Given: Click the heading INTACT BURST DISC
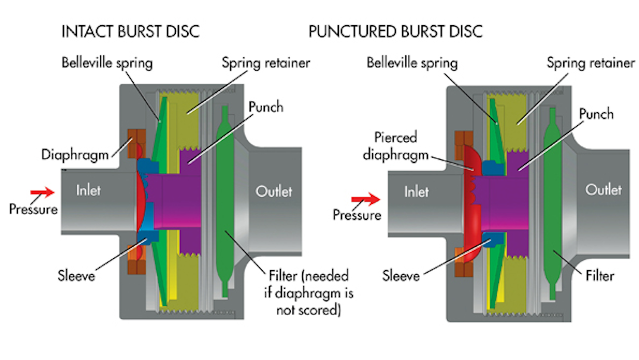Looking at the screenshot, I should click(x=130, y=32).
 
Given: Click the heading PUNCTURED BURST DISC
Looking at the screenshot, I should click(x=395, y=32).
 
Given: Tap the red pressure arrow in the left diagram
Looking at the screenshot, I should click(x=42, y=192).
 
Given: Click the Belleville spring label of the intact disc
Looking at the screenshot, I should click(x=107, y=62).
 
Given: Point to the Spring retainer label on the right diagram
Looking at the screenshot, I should click(x=590, y=63).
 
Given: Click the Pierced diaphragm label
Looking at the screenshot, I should click(x=395, y=146).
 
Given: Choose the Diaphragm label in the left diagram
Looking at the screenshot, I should click(x=74, y=155).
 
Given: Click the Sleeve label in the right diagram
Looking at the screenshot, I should click(x=401, y=276).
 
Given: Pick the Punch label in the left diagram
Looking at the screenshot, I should click(x=266, y=107).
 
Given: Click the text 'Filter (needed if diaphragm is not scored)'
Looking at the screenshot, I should click(x=308, y=293).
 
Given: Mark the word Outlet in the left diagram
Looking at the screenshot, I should click(x=274, y=191).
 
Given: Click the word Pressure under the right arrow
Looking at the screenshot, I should click(x=357, y=215).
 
